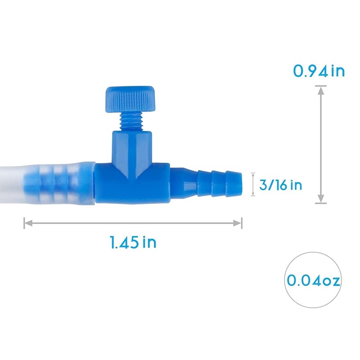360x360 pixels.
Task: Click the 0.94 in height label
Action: (x=319, y=71)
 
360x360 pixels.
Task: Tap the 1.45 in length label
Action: (x=133, y=242)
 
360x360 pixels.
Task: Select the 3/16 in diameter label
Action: (x=281, y=185)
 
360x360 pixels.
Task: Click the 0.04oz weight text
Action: (x=313, y=280)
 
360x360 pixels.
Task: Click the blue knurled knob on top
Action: (x=130, y=99)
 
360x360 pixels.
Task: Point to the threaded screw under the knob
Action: (x=130, y=122)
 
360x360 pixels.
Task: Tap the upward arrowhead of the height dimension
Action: (x=321, y=91)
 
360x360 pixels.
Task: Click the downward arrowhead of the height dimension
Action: (x=321, y=198)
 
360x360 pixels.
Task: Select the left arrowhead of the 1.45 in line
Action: (x=28, y=223)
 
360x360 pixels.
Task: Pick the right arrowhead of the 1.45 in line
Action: (x=238, y=223)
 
